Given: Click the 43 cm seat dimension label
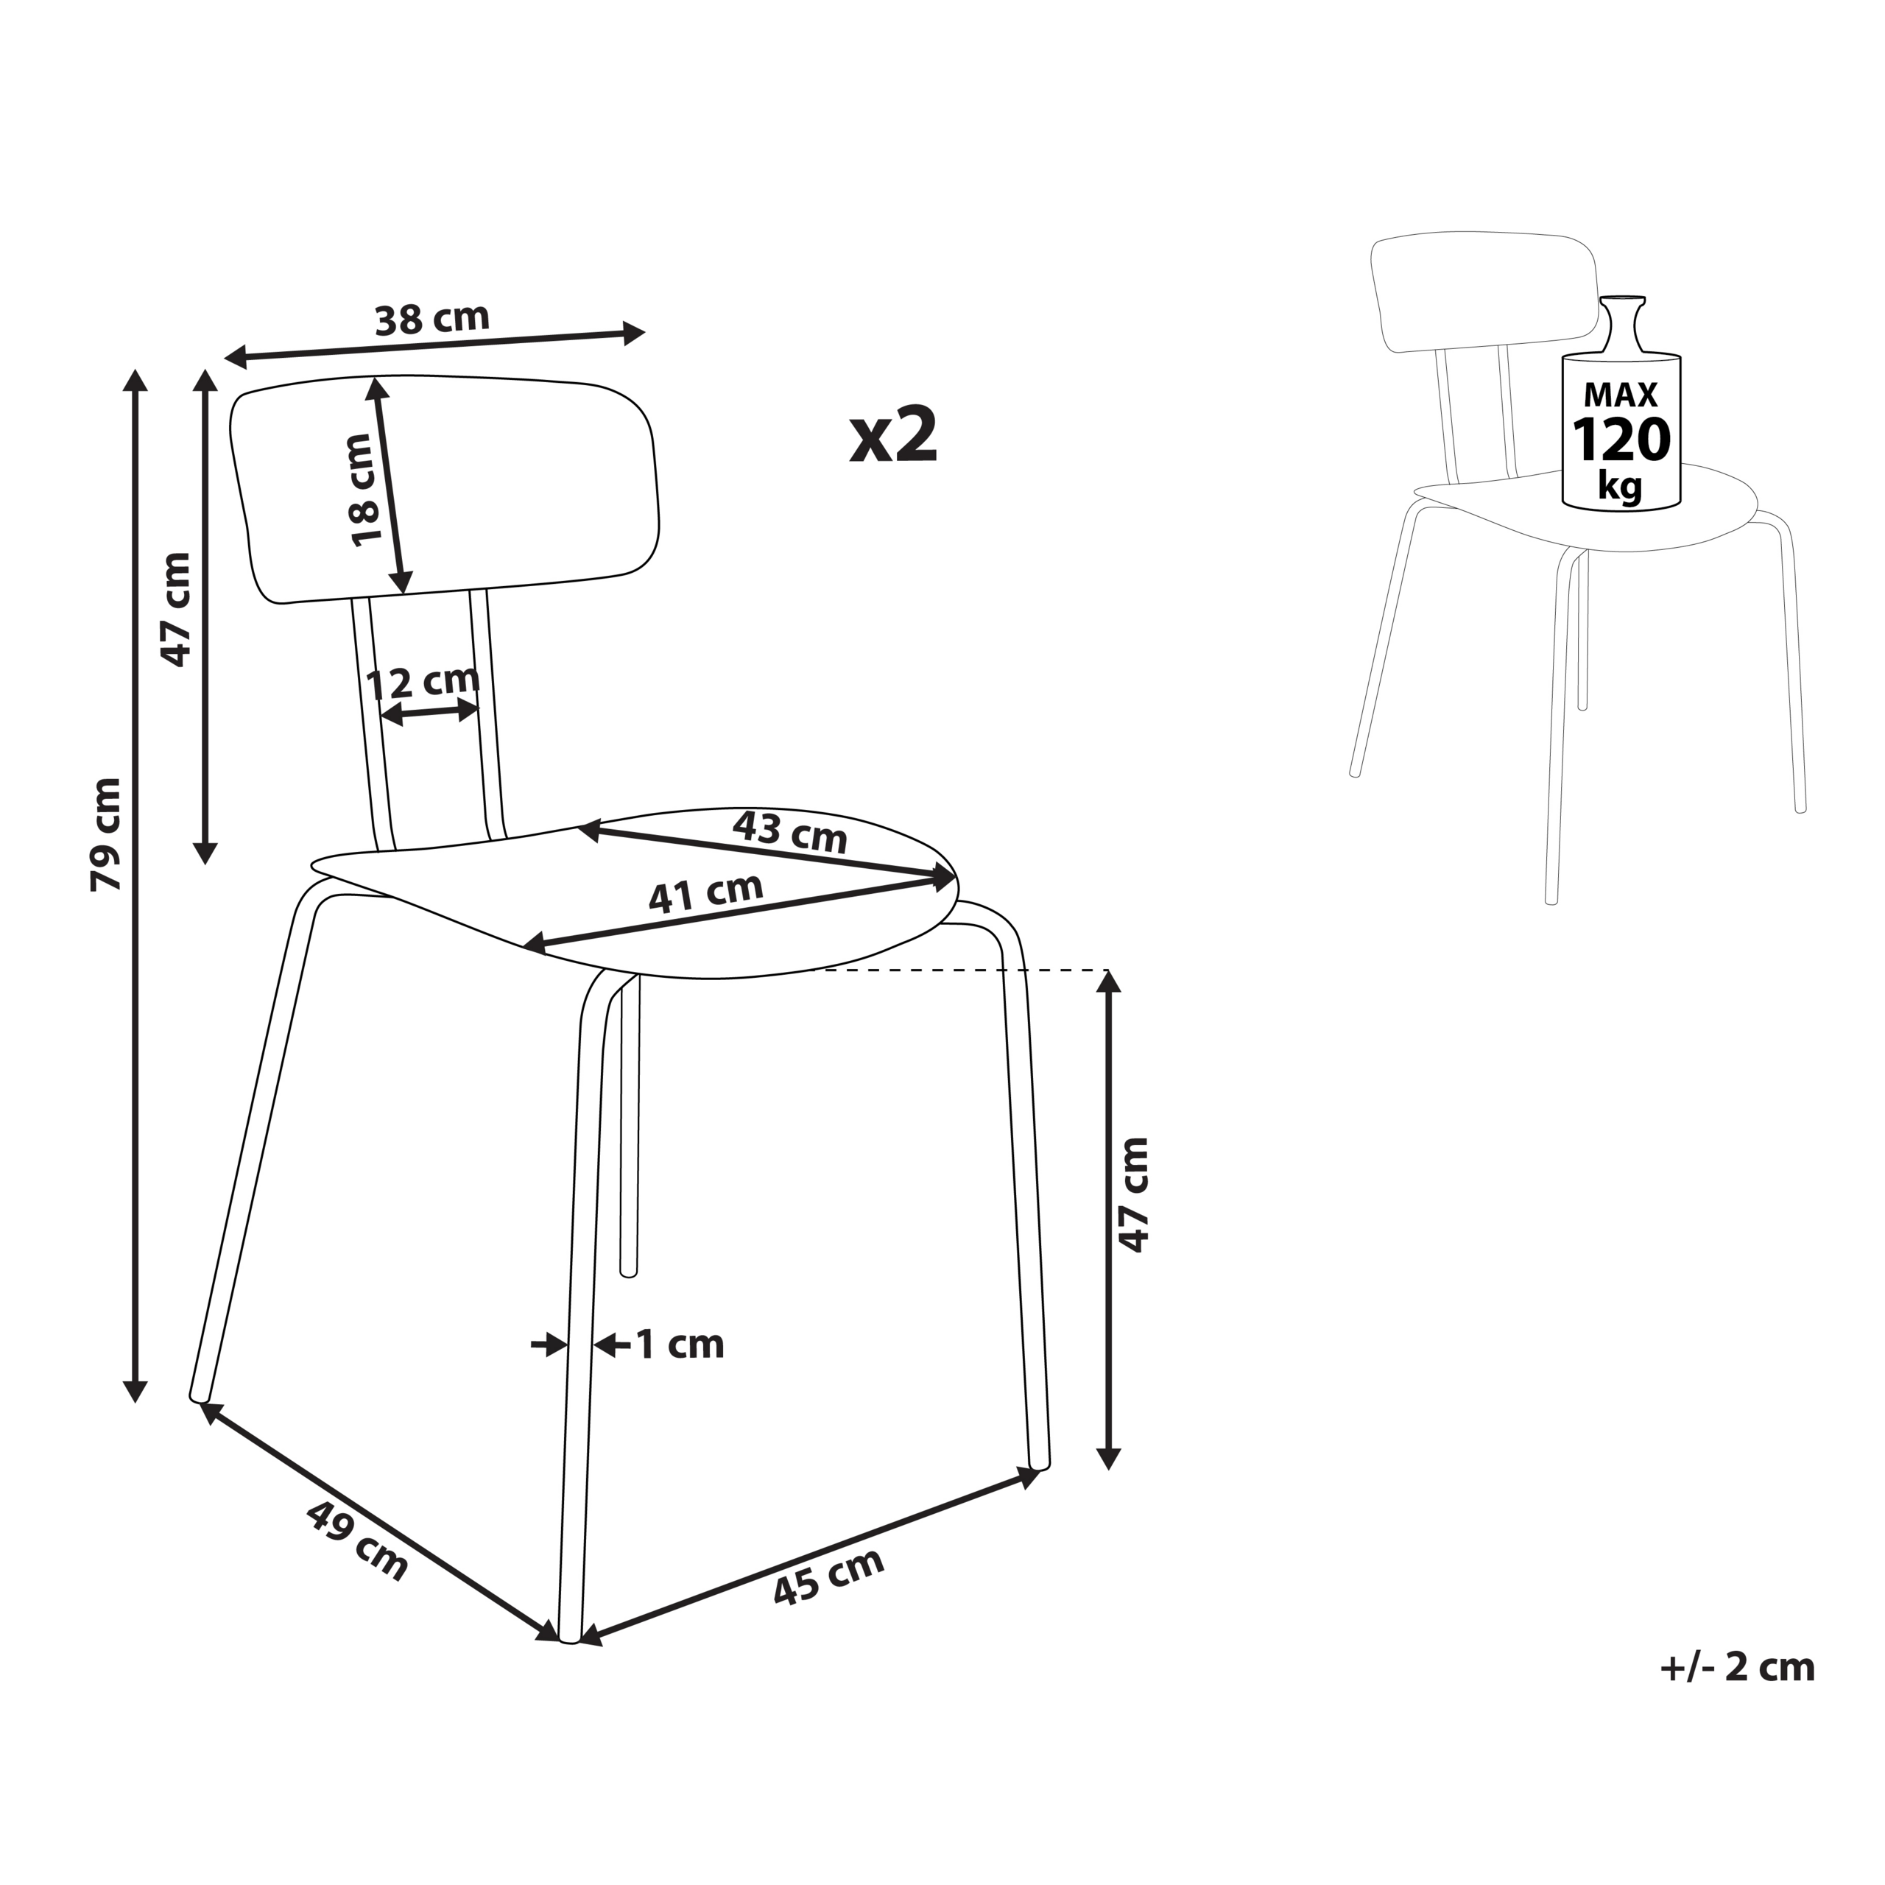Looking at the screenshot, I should (x=789, y=832).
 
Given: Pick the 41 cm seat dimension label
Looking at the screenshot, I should (x=705, y=892).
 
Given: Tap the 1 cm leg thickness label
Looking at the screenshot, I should (x=680, y=1345).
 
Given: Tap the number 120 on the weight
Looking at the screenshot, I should (x=1621, y=440).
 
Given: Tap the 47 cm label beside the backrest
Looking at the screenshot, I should (x=177, y=610).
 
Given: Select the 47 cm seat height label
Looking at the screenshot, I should (x=1134, y=1195).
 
